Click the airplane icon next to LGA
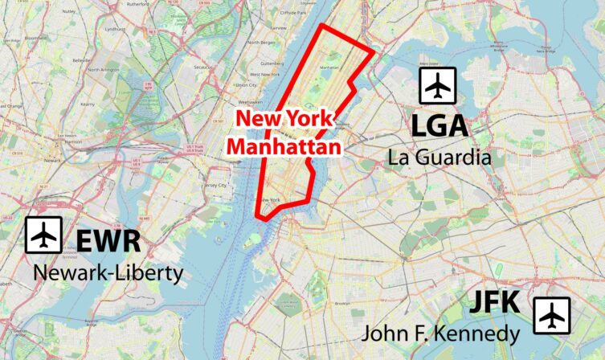point(438,86)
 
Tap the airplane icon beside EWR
point(43,235)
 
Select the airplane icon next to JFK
point(551,316)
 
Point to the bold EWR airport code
point(108,241)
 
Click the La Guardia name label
point(439,157)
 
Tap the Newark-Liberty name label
point(108,273)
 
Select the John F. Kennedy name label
point(440,333)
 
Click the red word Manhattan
point(284,147)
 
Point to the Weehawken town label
point(250,102)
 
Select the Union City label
point(245,84)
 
